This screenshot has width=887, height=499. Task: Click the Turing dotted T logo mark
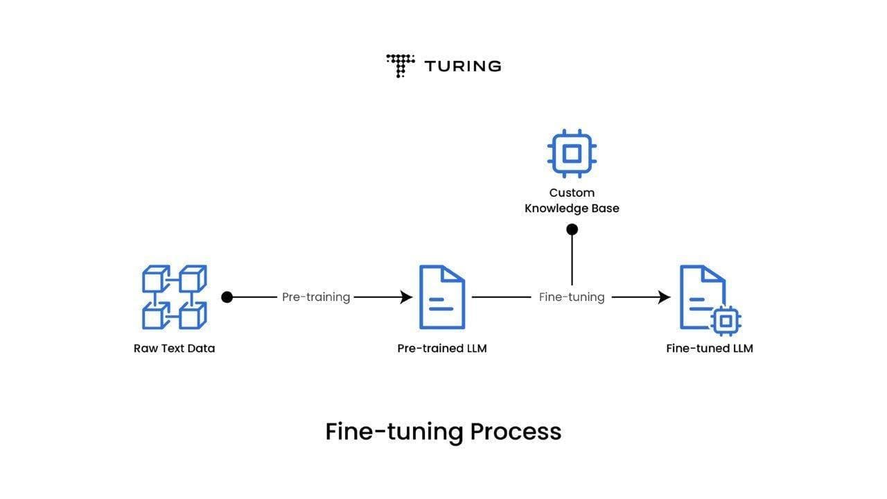tap(401, 66)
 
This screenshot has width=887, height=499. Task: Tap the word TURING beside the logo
tap(463, 66)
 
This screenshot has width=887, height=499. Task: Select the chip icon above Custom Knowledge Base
tap(572, 153)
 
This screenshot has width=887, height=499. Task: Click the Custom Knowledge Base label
tap(572, 200)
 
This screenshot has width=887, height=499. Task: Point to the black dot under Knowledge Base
tap(572, 229)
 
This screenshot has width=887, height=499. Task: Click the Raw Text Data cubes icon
tap(174, 297)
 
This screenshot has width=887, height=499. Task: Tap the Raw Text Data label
tap(174, 349)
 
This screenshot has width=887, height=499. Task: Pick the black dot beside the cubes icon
tap(227, 297)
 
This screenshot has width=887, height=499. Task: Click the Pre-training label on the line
tap(316, 297)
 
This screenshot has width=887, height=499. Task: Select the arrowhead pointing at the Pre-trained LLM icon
tap(406, 297)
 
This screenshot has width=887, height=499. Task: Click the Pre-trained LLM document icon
tap(442, 297)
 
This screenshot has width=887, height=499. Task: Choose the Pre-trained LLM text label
tap(442, 349)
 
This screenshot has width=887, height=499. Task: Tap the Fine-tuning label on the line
tap(572, 297)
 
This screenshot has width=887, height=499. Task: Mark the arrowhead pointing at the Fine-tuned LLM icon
tap(664, 297)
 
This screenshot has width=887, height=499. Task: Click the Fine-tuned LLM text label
tap(710, 349)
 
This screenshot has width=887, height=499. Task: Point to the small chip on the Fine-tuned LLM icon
tap(726, 321)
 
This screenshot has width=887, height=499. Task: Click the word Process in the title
tap(516, 432)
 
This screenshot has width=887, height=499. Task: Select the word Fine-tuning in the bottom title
tap(394, 432)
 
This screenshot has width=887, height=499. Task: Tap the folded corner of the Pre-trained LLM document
tap(453, 274)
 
